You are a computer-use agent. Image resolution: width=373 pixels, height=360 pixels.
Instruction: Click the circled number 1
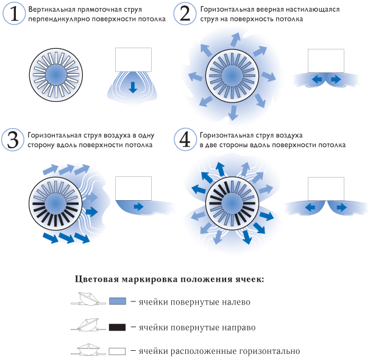click(x=14, y=13)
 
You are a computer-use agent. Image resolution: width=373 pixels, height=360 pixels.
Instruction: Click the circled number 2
click(x=185, y=13)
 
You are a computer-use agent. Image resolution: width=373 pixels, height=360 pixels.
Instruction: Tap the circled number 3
click(x=13, y=140)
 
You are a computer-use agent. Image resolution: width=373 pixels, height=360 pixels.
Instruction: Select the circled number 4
click(x=185, y=140)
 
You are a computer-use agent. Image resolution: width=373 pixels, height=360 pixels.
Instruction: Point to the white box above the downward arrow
click(x=133, y=60)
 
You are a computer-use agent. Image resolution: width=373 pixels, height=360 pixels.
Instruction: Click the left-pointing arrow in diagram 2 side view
click(x=317, y=79)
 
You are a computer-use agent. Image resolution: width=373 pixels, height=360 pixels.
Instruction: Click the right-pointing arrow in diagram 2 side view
click(x=335, y=79)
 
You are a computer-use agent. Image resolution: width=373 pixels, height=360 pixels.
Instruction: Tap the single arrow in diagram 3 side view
click(x=138, y=206)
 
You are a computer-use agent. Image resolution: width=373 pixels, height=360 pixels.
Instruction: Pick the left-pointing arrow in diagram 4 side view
click(x=310, y=207)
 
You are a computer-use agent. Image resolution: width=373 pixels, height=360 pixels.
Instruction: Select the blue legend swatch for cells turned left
click(x=118, y=301)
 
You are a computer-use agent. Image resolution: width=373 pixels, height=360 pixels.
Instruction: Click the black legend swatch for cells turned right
click(x=117, y=327)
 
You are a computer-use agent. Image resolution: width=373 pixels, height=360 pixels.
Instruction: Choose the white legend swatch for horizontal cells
click(x=117, y=351)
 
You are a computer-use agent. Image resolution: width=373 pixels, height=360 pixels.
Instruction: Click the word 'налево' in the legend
click(x=236, y=302)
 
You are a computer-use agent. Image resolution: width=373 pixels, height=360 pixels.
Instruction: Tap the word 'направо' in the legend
click(x=238, y=328)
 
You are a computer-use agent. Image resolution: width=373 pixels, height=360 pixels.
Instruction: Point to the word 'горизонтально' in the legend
click(x=270, y=351)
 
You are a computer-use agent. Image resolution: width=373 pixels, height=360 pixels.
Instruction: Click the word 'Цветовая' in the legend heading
click(x=96, y=279)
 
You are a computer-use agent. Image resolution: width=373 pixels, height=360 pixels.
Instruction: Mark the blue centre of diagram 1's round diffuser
click(x=56, y=75)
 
